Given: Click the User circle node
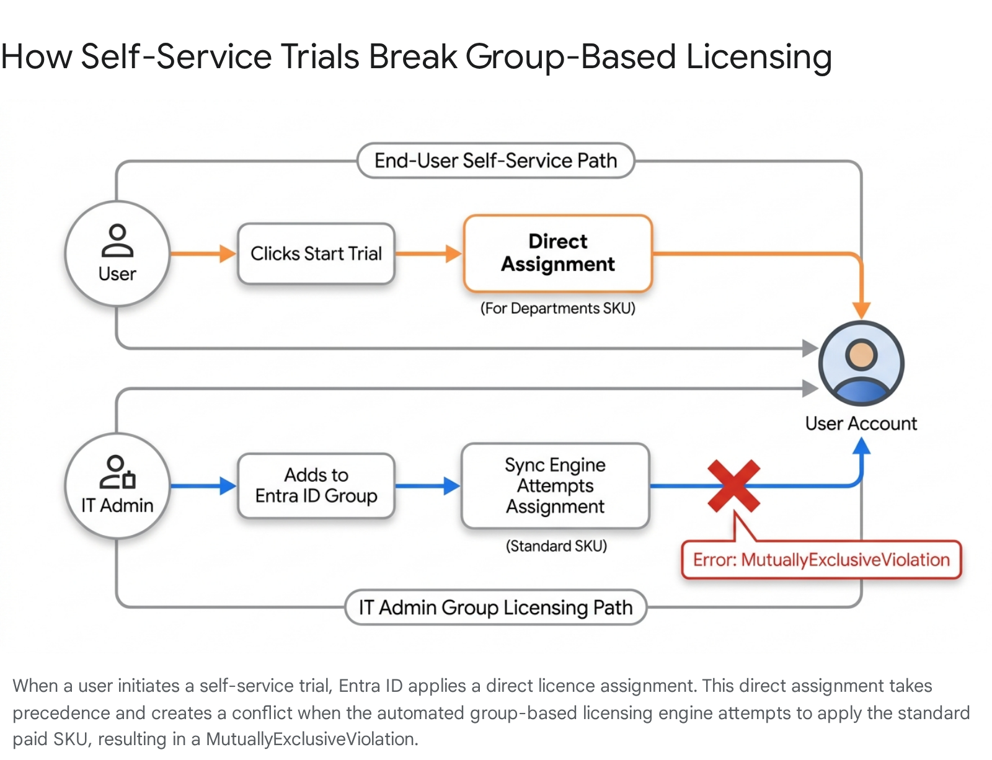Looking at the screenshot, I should [117, 254].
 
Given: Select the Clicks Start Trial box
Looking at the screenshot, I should [316, 254].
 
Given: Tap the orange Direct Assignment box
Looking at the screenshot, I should [558, 253].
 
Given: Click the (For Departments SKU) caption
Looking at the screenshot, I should [558, 308].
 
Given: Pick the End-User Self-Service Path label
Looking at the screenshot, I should [496, 161].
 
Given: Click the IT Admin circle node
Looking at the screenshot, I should [117, 485].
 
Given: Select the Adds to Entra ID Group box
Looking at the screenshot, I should [316, 485].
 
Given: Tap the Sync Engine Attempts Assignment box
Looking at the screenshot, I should [556, 485].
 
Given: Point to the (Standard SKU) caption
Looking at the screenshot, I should [557, 546].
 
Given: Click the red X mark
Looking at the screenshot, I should [733, 486].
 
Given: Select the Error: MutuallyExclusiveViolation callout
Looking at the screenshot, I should [821, 560].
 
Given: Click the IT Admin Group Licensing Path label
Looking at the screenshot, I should [496, 608].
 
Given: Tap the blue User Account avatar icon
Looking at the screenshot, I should [861, 363].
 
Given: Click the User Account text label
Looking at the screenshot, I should [861, 423].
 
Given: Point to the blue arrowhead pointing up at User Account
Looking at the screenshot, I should [861, 446].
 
